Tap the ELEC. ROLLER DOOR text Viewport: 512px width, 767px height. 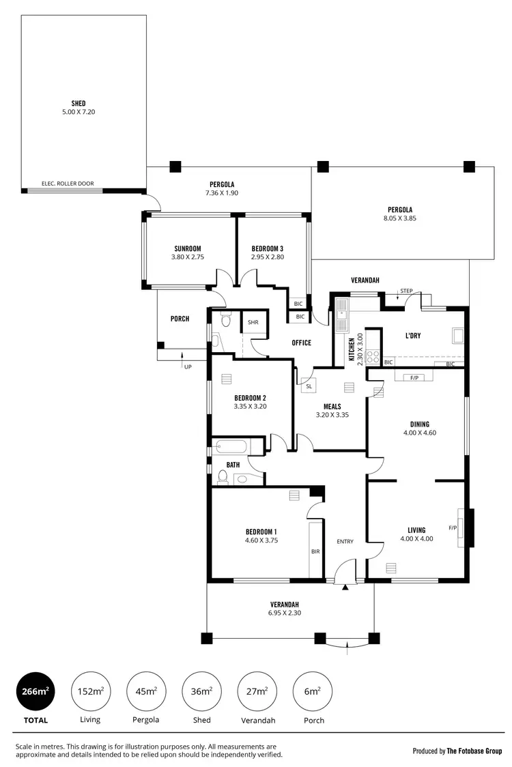pos(68,184)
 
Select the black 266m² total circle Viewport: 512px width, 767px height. pos(35,691)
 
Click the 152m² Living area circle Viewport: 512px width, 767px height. pos(90,691)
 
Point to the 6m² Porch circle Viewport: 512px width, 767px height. pos(312,691)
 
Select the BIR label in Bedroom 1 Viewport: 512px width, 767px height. pos(315,551)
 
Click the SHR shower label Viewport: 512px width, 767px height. pos(253,322)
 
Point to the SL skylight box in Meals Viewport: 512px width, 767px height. pos(309,386)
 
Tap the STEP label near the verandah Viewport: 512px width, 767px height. pos(406,291)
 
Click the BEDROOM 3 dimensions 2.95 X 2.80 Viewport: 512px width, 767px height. pos(267,257)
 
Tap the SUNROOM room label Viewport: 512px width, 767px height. pos(187,248)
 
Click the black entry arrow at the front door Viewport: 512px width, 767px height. pos(345,586)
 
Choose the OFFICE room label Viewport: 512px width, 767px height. pos(301,343)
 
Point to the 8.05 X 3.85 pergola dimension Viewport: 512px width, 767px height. pos(400,218)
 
